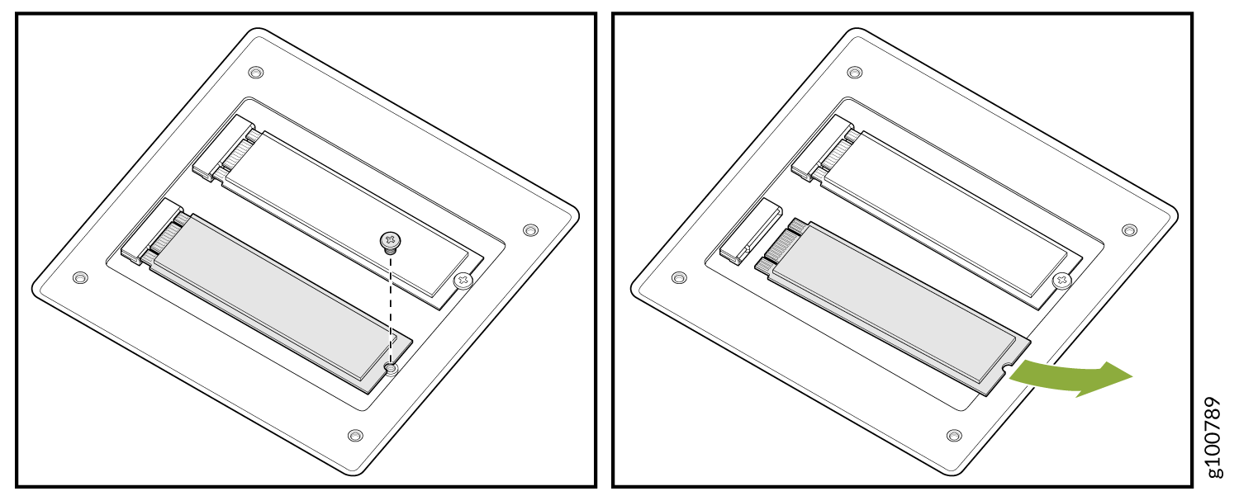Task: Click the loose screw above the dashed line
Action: pos(391,242)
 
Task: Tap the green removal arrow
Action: pos(1070,378)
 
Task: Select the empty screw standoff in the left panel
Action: pos(391,369)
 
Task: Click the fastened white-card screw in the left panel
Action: pos(463,281)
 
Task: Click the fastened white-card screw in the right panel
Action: pos(1061,281)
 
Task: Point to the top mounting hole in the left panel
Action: pos(255,73)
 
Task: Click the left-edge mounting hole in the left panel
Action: pos(80,277)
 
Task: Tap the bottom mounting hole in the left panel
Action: pos(355,436)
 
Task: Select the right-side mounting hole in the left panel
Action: pos(530,230)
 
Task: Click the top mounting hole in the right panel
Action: pos(855,73)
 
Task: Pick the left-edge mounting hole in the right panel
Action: pos(679,277)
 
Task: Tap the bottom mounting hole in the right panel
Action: pos(953,436)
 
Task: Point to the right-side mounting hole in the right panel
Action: pos(1129,230)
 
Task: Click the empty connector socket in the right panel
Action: pos(751,231)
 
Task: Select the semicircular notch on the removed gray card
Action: pos(1007,366)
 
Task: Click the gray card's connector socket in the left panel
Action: pos(152,230)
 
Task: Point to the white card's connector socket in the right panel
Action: pos(823,148)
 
